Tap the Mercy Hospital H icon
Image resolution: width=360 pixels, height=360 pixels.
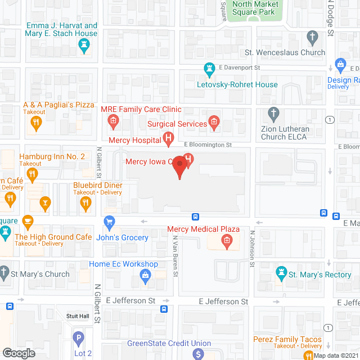pyautogui.click(x=168, y=138)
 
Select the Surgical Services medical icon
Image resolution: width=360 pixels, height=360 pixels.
pyautogui.click(x=214, y=121)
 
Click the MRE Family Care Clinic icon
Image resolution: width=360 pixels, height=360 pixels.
pyautogui.click(x=113, y=121)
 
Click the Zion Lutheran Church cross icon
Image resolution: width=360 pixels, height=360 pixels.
pyautogui.click(x=274, y=113)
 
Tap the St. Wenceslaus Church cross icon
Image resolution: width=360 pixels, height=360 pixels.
pyautogui.click(x=313, y=37)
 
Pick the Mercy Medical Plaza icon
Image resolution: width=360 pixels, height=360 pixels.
pyautogui.click(x=227, y=243)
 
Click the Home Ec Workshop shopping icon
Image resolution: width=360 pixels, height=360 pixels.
pyautogui.click(x=146, y=275)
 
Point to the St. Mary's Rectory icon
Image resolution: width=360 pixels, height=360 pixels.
pyautogui.click(x=281, y=274)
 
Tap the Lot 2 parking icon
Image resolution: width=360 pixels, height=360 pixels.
pyautogui.click(x=78, y=338)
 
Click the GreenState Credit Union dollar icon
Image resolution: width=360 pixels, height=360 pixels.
pyautogui.click(x=198, y=354)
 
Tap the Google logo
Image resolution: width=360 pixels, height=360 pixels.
pyautogui.click(x=19, y=353)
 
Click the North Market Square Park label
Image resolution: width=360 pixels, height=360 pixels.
pyautogui.click(x=255, y=8)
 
